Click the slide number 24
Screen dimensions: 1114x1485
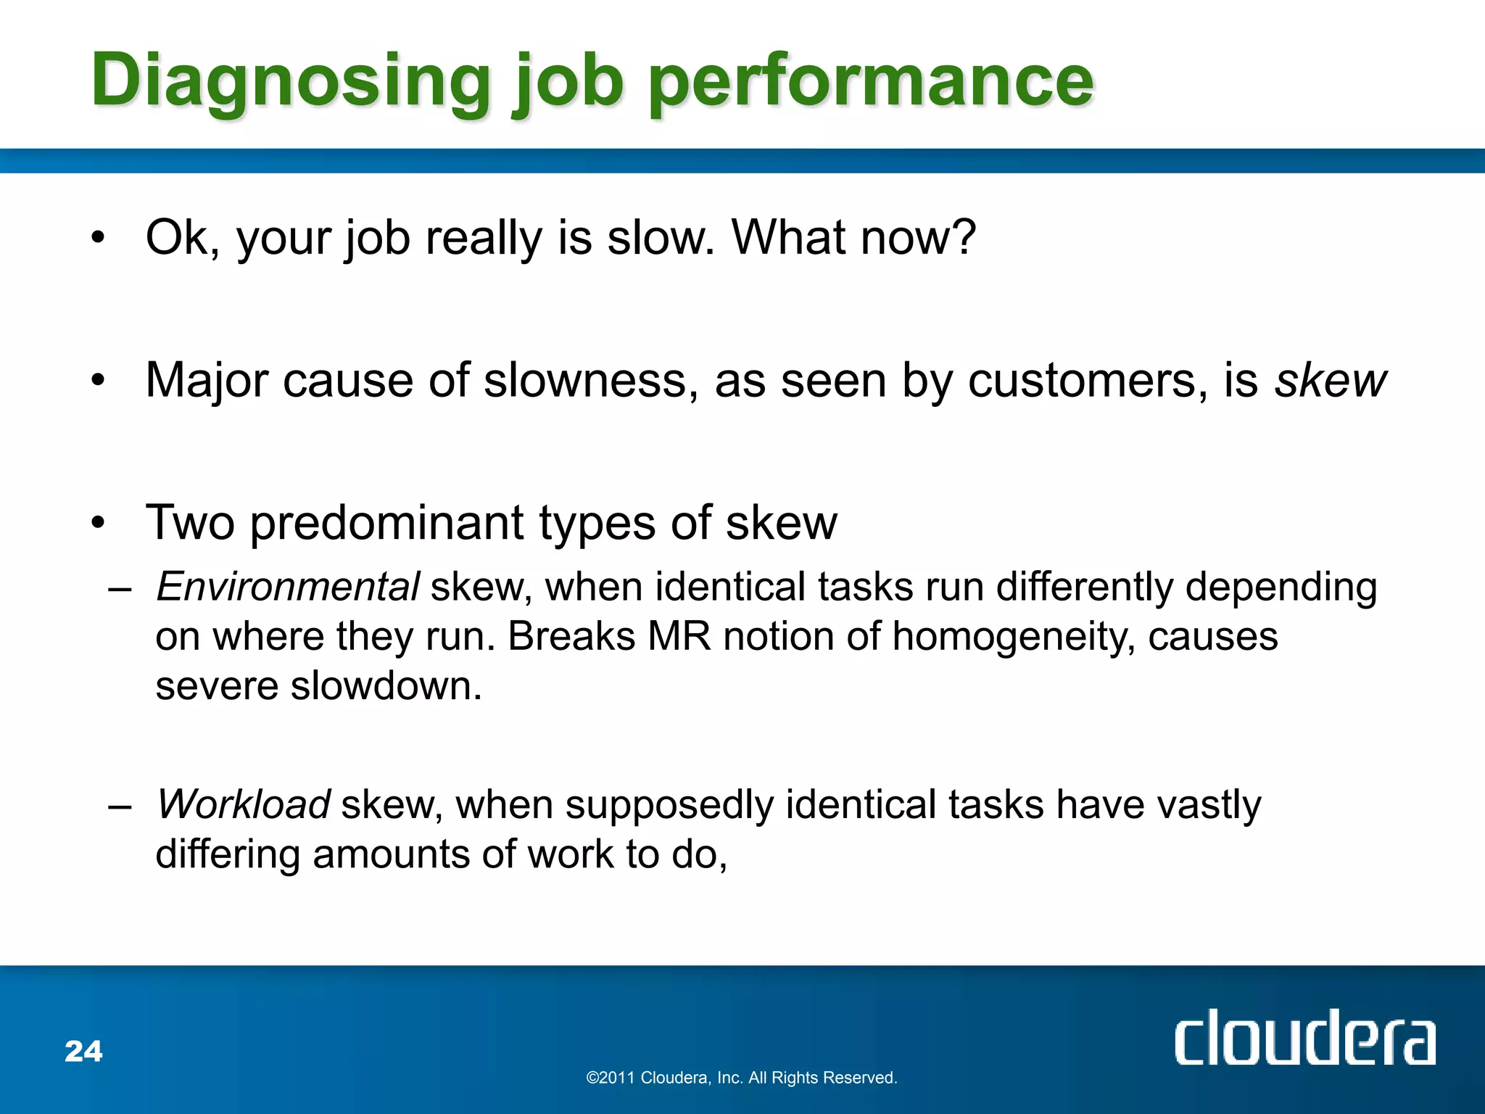[x=83, y=1051]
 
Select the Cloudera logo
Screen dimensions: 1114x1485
[x=1304, y=1038]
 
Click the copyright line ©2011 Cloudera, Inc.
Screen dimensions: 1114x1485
[x=741, y=1078]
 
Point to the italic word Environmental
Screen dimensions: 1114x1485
[x=287, y=586]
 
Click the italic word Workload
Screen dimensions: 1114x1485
[x=244, y=804]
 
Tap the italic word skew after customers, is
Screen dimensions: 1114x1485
[x=1330, y=380]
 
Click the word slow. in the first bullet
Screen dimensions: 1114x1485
[x=660, y=238]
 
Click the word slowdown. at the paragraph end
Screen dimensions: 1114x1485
[x=386, y=685]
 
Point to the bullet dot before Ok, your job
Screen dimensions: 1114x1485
[x=99, y=238]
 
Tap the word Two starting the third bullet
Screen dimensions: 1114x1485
[x=190, y=522]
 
